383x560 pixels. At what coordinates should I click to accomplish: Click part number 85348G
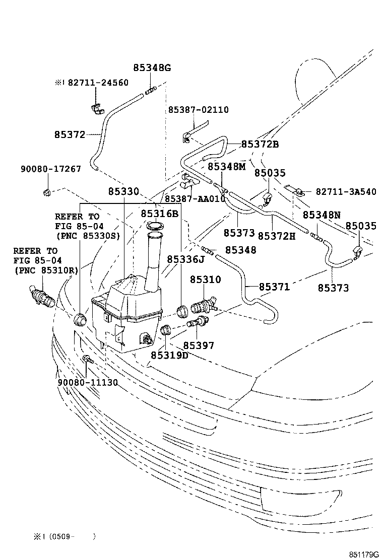point(152,68)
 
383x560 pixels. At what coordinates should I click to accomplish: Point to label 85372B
point(260,145)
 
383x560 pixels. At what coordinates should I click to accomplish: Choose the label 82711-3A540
point(345,192)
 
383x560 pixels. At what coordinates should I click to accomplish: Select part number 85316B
point(159,214)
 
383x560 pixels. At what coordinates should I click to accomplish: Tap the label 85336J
point(185,259)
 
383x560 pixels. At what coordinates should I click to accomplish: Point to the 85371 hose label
point(274,287)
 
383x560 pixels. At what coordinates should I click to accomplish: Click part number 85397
point(198,345)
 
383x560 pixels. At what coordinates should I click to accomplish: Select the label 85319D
point(169,356)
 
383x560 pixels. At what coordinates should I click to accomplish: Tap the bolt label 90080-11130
point(88,383)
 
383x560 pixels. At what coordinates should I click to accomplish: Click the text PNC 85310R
point(46,270)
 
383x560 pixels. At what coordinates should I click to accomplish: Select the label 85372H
point(276,235)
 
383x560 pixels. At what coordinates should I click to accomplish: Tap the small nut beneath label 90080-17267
point(46,192)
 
